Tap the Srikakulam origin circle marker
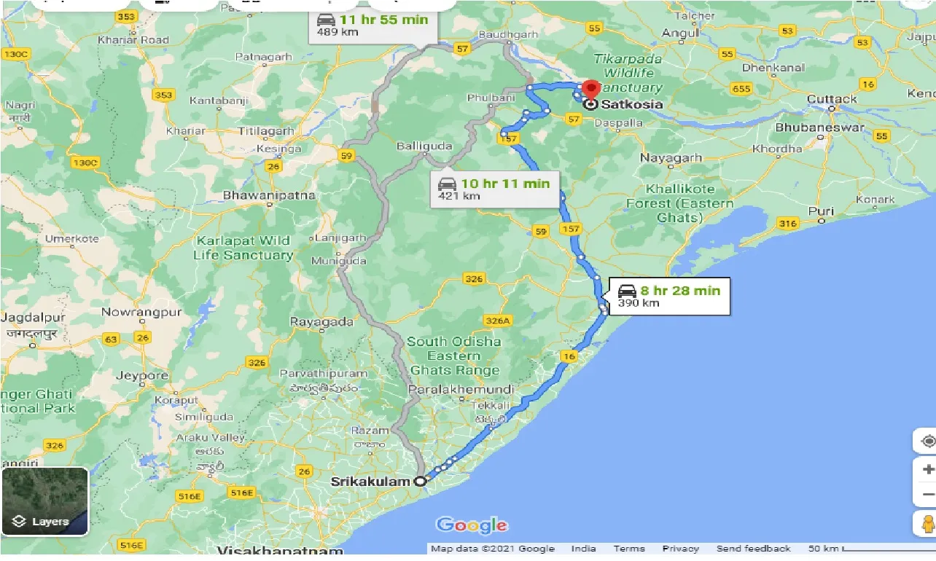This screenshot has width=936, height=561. [420, 482]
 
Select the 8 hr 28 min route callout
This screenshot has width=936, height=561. [669, 296]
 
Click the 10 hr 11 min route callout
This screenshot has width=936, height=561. [494, 189]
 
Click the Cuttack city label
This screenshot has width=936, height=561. [832, 99]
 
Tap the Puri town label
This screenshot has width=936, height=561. [821, 212]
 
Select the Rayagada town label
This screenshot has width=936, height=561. [321, 321]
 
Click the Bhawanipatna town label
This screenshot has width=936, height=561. [269, 195]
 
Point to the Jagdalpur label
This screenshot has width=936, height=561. [34, 318]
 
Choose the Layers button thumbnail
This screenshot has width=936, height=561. [45, 501]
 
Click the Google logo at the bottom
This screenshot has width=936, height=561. [472, 525]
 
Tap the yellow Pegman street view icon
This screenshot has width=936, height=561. [927, 524]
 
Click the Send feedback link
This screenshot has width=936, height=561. [753, 549]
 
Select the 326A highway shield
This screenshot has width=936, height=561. [498, 321]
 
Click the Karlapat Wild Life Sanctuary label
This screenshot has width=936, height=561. [243, 248]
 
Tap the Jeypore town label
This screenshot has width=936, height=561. [142, 375]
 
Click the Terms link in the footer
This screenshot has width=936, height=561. [628, 549]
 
